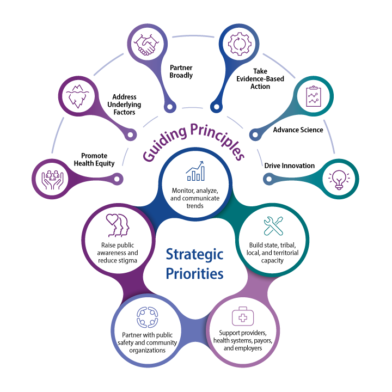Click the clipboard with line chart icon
click(313, 96)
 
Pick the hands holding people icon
click(53, 179)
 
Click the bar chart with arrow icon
click(195, 171)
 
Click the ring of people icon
click(147, 317)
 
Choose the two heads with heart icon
click(118, 224)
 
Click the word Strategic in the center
click(194, 254)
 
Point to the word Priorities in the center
click(194, 273)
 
